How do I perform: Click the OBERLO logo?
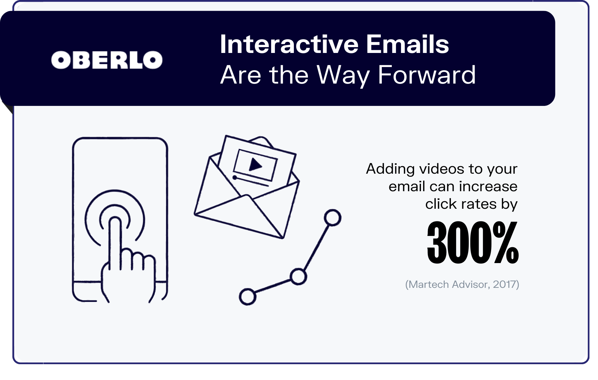tap(107, 60)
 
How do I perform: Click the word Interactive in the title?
tap(289, 44)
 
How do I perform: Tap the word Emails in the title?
tap(407, 44)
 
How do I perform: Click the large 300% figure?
tap(473, 242)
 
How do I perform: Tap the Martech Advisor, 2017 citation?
tap(462, 284)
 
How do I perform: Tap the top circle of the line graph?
tap(333, 218)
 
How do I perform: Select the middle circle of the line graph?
tap(298, 276)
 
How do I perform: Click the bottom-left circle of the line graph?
tap(247, 297)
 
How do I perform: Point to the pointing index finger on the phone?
tap(115, 241)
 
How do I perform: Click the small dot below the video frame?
tap(235, 177)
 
